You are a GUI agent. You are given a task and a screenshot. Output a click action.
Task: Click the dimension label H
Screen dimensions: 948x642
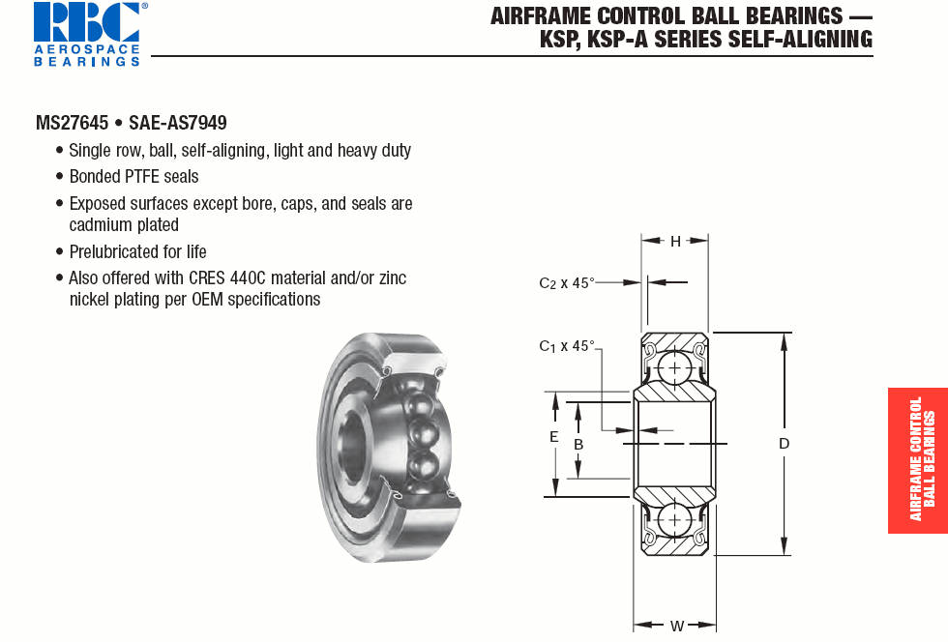(675, 242)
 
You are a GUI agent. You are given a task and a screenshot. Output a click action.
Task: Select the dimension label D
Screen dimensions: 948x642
(785, 444)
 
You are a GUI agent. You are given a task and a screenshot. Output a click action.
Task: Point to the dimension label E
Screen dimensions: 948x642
(553, 436)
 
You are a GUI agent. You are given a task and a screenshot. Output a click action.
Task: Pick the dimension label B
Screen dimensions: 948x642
(578, 445)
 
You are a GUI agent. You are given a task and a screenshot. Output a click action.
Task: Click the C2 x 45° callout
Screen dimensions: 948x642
(567, 283)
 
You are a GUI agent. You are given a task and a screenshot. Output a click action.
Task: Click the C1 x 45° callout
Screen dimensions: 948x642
(567, 346)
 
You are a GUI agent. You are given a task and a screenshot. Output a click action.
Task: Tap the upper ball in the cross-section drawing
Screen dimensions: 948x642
(674, 367)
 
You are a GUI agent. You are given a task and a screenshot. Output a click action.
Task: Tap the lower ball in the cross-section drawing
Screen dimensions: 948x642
(674, 520)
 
